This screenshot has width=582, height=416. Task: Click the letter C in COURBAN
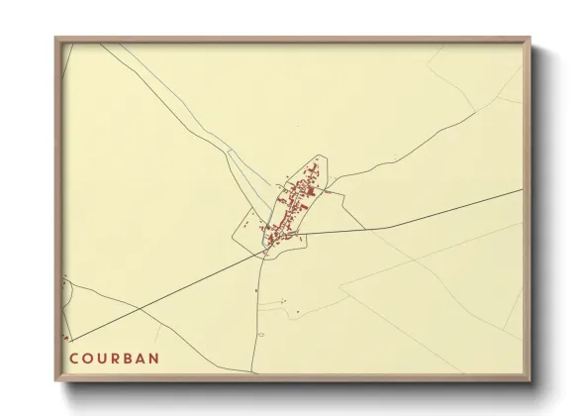(x=73, y=354)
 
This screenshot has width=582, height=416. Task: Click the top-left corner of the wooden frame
(x=55, y=38)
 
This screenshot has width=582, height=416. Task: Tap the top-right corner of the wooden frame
(x=532, y=38)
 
